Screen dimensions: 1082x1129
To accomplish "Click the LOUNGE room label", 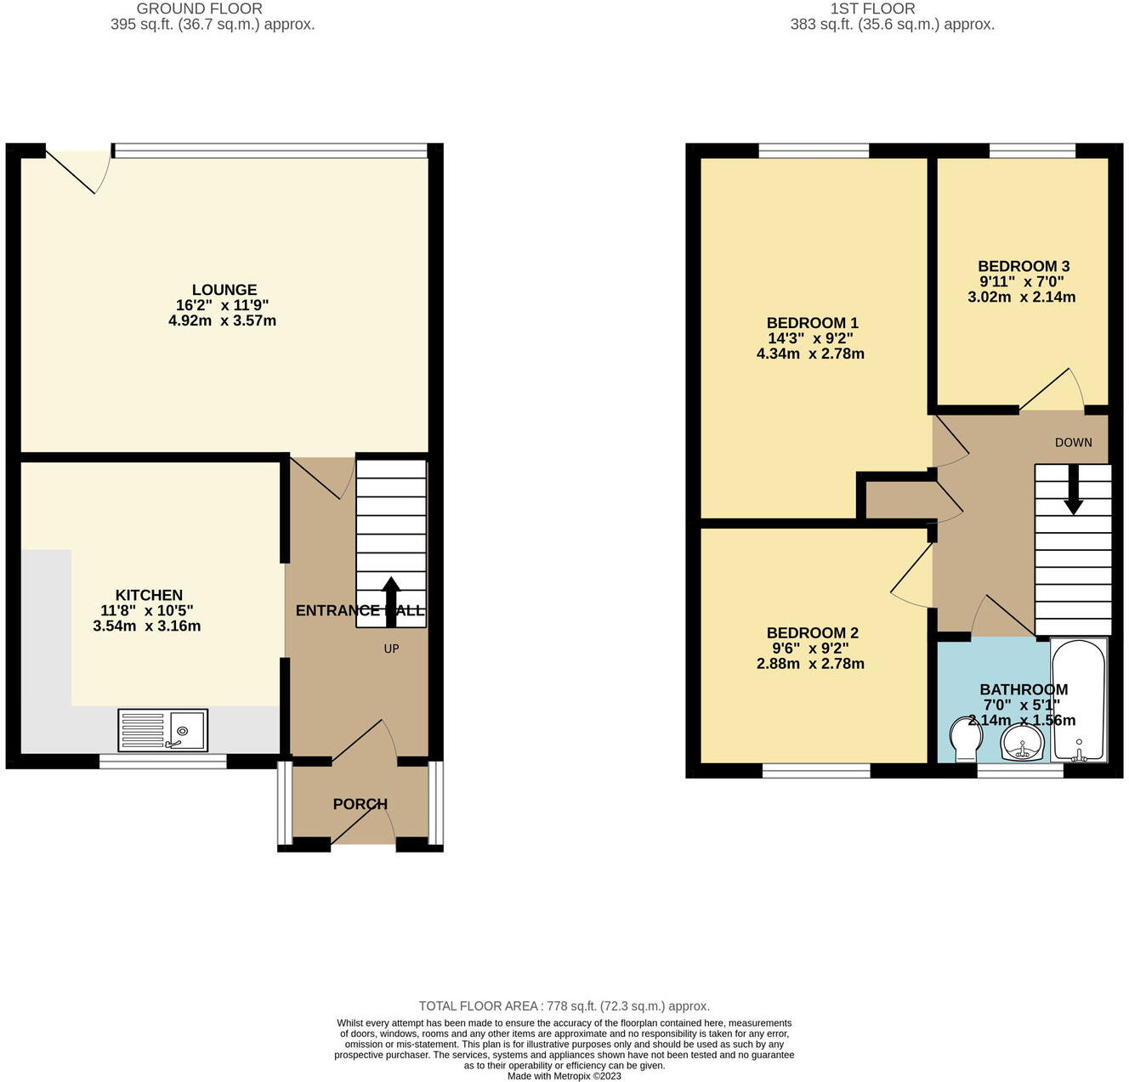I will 224,290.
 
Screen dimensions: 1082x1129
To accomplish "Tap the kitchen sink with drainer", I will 162,730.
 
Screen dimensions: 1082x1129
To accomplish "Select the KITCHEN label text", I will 149,595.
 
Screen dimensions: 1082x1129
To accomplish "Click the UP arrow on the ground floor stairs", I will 391,600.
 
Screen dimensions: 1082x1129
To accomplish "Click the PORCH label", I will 360,804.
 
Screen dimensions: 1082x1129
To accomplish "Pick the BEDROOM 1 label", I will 812,323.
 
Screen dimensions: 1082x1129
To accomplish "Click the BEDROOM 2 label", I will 812,633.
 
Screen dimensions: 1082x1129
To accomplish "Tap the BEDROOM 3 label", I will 1023,266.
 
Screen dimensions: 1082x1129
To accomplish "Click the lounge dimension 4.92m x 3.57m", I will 222,321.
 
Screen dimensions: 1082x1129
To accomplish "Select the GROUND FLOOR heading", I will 200,8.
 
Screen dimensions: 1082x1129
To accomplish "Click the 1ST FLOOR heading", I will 872,8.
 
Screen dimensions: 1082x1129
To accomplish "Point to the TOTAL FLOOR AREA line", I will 564,1006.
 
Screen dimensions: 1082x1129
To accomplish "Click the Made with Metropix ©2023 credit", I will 564,1076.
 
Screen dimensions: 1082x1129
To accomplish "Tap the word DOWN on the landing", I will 1073,442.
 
